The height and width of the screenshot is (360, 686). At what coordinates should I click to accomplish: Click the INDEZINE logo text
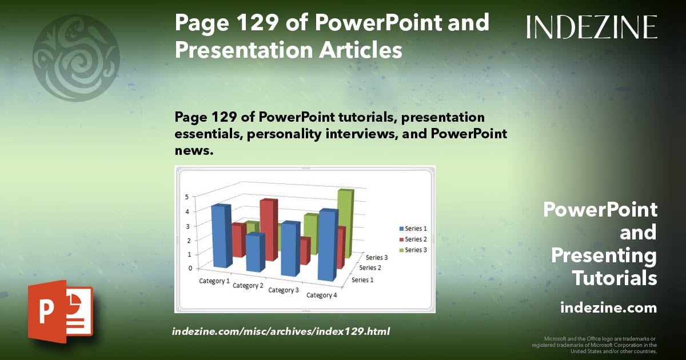pos(592,27)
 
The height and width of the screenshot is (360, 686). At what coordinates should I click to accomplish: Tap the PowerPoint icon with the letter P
pos(60,312)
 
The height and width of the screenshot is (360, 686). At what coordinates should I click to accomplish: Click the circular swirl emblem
pos(76,58)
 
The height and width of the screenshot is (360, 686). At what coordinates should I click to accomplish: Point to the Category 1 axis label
pos(214,281)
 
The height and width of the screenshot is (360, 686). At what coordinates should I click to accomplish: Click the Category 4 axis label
pos(322,295)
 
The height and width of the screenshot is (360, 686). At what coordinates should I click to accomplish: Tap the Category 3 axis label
pos(284,290)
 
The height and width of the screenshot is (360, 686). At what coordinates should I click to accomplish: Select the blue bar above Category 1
pos(221,235)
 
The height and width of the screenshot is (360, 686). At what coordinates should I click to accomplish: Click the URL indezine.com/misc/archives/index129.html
pos(281,331)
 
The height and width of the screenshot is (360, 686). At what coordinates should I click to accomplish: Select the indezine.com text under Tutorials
pos(608,308)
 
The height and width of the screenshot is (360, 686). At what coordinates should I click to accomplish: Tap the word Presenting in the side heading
pos(604,255)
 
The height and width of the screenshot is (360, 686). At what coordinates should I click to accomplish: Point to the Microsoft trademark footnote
pos(594,345)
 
